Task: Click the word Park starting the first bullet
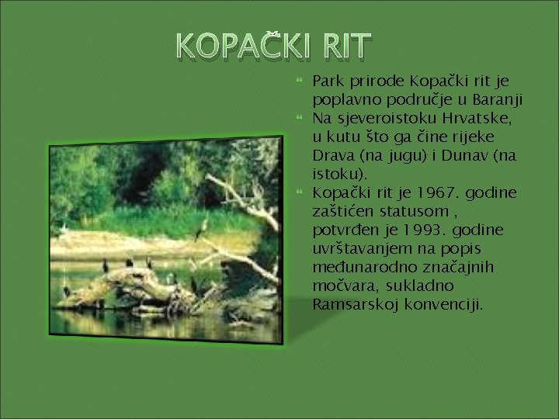tap(326, 81)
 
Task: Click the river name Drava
tap(332, 156)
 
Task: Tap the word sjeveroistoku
tap(376, 119)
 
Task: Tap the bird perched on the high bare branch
tap(202, 226)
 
